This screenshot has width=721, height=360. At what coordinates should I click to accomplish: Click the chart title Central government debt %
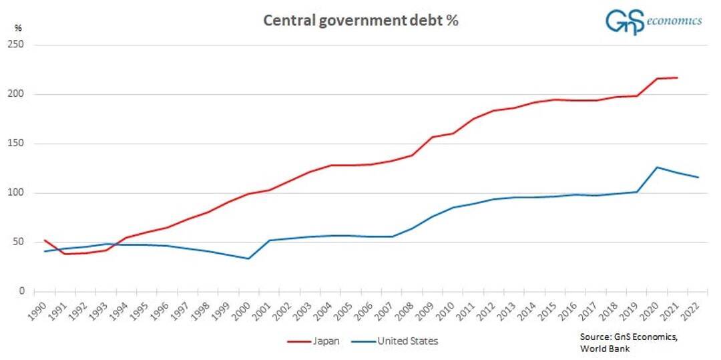[360, 21]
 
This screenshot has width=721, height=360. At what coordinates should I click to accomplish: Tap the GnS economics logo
[653, 21]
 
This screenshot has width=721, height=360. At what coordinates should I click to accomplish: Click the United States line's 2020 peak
[657, 167]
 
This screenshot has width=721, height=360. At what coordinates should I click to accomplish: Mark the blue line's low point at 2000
[248, 258]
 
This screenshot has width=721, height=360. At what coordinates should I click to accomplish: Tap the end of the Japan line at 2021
[677, 77]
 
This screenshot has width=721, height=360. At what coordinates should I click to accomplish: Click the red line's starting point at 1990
[44, 240]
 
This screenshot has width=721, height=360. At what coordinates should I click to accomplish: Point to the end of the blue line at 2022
[698, 177]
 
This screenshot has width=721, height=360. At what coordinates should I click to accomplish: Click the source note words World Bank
[606, 349]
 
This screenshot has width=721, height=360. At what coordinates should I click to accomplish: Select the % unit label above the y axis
[19, 29]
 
